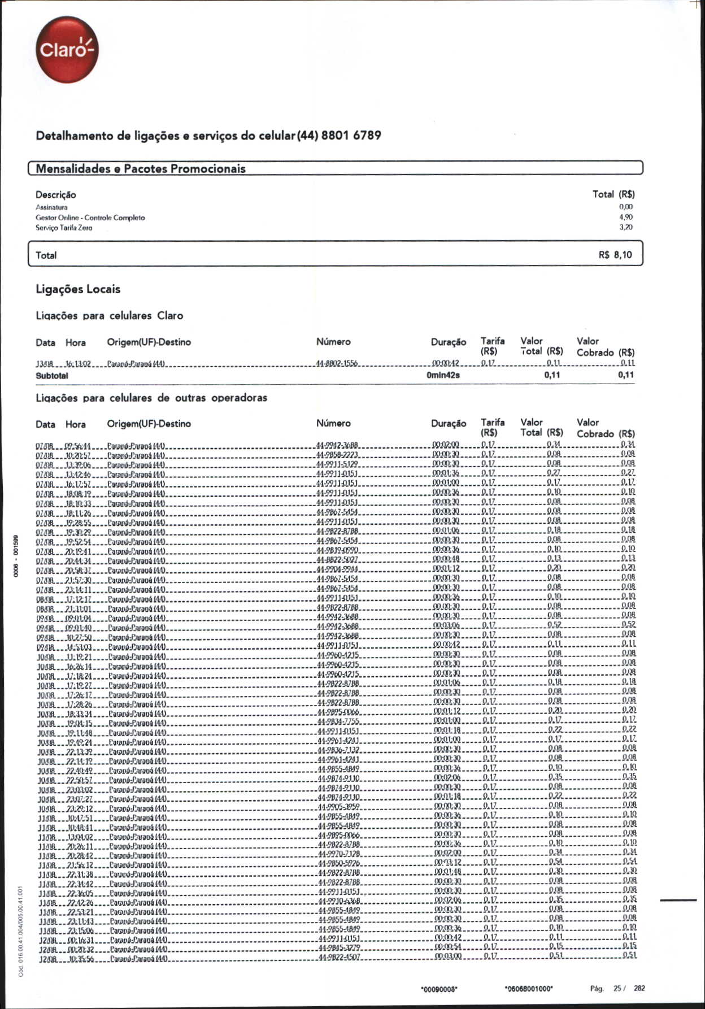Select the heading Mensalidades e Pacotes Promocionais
[141, 168]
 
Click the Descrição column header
[55, 194]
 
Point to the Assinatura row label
[51, 207]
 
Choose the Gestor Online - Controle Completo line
[90, 218]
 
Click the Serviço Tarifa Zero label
[64, 228]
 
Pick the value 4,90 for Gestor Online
[625, 217]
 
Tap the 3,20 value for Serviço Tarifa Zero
[625, 227]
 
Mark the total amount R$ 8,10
[615, 255]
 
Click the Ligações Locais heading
[78, 289]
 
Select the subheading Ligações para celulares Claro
[110, 316]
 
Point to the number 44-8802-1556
[337, 363]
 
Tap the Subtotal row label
[52, 375]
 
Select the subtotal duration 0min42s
[443, 375]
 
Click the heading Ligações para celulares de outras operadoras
[151, 398]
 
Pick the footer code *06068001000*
[528, 989]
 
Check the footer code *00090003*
[439, 989]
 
